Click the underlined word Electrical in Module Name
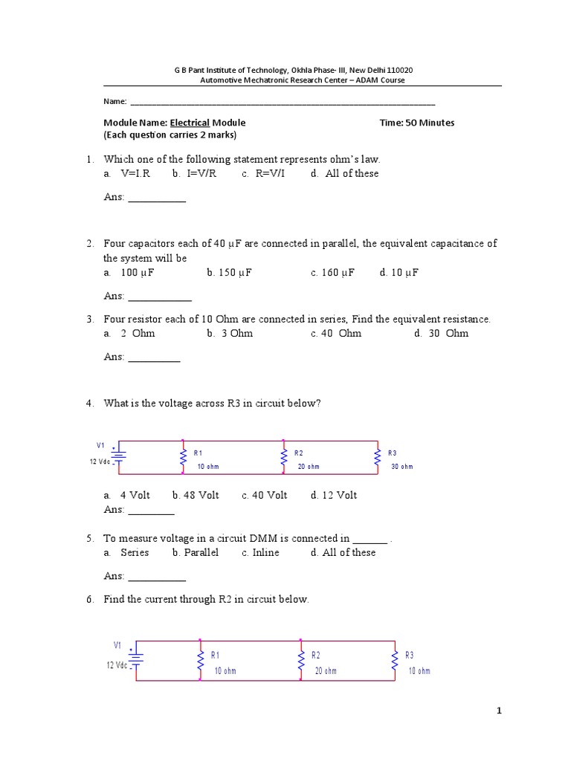190,123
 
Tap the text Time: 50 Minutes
416,123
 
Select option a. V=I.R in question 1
127,173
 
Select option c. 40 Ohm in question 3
336,333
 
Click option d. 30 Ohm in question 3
441,333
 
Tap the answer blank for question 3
154,357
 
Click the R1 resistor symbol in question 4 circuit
183,459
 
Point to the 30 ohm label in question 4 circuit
401,467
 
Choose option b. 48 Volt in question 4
196,495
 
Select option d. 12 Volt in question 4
334,495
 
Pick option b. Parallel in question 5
196,552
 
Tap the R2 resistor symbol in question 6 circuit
300,660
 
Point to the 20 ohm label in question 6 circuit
326,671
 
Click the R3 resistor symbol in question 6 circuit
395,660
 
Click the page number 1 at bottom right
500,711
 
